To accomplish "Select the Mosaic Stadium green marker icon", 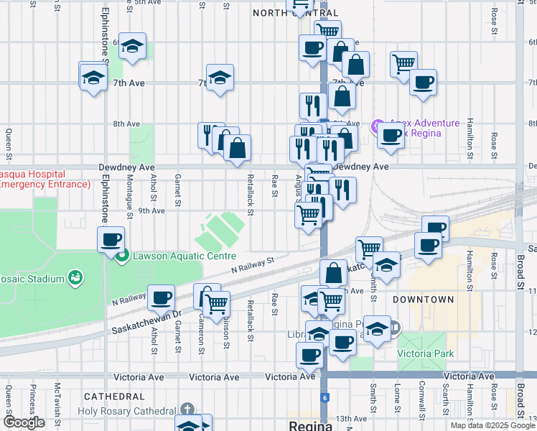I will tap(73, 277).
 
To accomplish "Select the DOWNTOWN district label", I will tap(424, 299).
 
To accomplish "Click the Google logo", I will tap(24, 423).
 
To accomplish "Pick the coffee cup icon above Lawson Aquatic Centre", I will tap(111, 239).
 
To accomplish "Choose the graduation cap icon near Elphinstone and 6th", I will tap(132, 46).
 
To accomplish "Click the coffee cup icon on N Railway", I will tap(161, 297).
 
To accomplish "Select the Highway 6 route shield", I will tap(325, 397).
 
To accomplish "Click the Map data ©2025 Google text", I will tap(492, 425).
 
